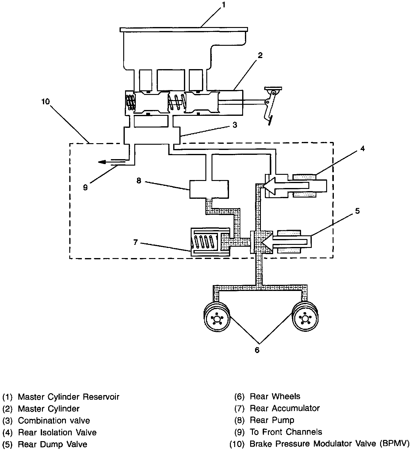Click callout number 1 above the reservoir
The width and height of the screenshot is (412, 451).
tap(223, 5)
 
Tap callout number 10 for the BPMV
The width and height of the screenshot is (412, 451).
tap(46, 101)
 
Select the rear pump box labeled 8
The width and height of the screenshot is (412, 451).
tap(209, 189)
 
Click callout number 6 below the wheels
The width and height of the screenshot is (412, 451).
tap(257, 350)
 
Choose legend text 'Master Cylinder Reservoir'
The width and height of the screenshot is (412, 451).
tap(68, 397)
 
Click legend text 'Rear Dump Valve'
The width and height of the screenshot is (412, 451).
tap(52, 444)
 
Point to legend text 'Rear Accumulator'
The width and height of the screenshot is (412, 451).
tap(285, 408)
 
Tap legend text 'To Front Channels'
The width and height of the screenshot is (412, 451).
tap(286, 432)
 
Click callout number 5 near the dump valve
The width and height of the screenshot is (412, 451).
tap(357, 211)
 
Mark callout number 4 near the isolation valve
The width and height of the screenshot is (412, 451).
tap(362, 149)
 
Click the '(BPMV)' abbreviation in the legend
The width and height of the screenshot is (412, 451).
tap(394, 444)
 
